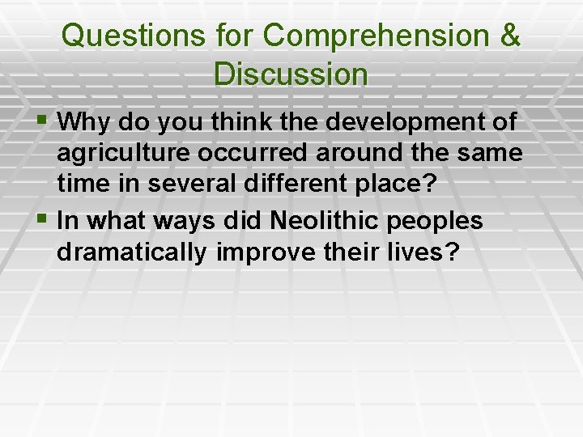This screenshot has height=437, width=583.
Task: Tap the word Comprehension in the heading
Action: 377,36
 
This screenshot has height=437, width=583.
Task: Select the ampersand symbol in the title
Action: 510,36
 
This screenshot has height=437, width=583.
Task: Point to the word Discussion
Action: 291,74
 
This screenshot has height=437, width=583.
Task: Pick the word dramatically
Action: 132,252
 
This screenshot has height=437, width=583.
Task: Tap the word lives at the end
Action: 421,252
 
